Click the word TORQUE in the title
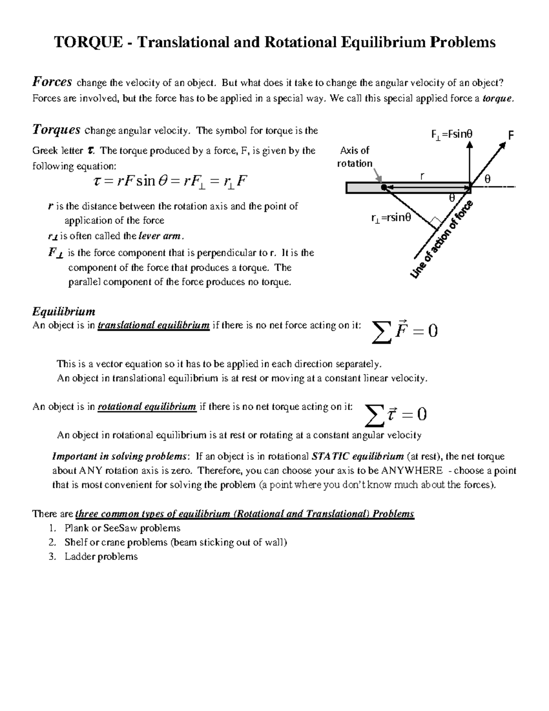[x=88, y=42]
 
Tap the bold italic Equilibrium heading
[x=64, y=312]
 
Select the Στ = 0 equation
[x=396, y=415]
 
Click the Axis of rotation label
[x=355, y=157]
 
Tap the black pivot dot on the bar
[x=384, y=187]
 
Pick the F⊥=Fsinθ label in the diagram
[x=452, y=134]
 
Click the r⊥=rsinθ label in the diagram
[x=391, y=218]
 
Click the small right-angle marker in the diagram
[x=436, y=223]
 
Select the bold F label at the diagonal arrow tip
[x=511, y=135]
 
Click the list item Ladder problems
[x=101, y=557]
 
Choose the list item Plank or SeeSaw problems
[x=122, y=528]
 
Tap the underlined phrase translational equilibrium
[x=154, y=326]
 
